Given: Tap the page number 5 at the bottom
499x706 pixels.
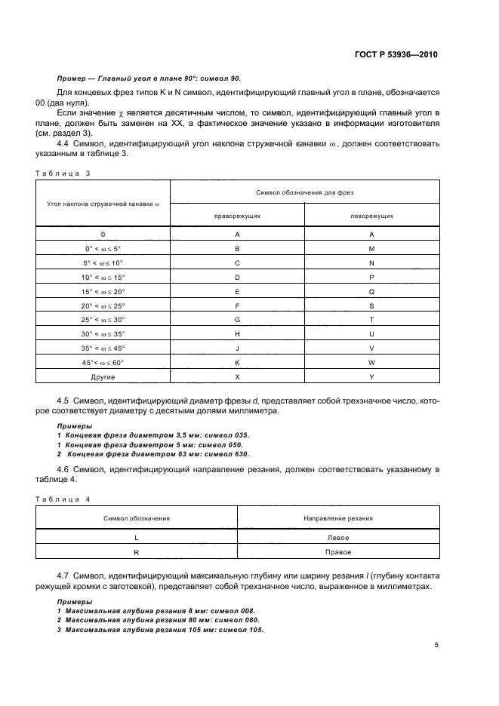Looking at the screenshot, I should [x=436, y=645].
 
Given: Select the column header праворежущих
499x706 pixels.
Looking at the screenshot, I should [x=237, y=215].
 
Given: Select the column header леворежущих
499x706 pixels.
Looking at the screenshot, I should [x=371, y=215].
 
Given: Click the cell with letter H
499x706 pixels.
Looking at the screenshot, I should [x=237, y=333].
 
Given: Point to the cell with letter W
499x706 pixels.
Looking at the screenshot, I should [x=371, y=362].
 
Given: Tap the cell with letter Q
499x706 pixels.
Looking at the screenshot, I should [x=371, y=291].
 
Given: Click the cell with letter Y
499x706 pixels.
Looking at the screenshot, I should [x=371, y=376].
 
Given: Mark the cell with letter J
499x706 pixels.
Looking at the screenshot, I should [x=237, y=348].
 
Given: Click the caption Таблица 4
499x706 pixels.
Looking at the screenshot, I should [x=63, y=499].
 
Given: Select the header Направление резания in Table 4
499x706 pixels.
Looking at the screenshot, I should [x=337, y=518].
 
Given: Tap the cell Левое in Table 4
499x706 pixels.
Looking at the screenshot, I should [x=337, y=538].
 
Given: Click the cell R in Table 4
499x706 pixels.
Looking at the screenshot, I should [x=137, y=552].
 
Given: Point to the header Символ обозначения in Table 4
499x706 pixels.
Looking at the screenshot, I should [x=137, y=518].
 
